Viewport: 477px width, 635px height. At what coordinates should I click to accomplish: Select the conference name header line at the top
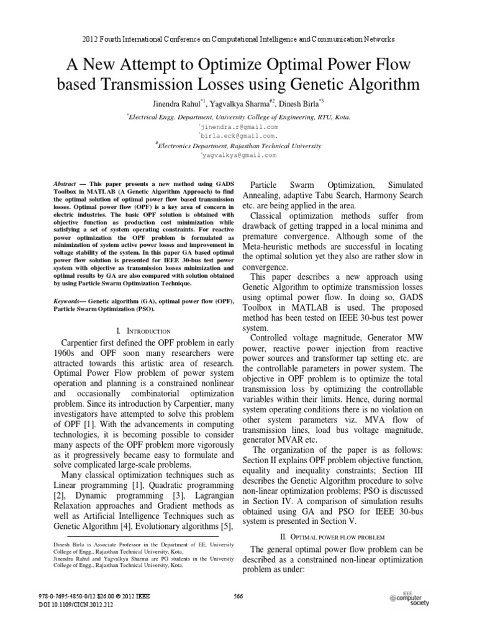(x=238, y=38)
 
